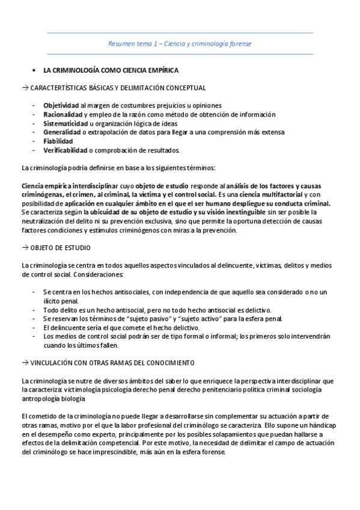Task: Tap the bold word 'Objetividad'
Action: [x=61, y=105]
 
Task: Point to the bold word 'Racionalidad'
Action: [x=63, y=114]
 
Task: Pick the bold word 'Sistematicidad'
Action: [x=66, y=123]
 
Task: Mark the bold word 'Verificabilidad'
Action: [x=66, y=150]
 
